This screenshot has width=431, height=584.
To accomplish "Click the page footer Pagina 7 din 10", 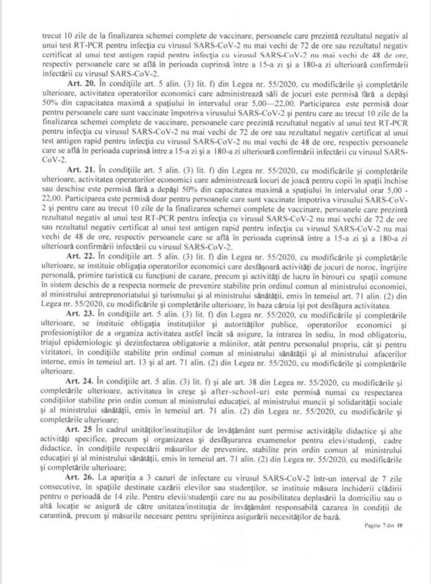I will (384, 526).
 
